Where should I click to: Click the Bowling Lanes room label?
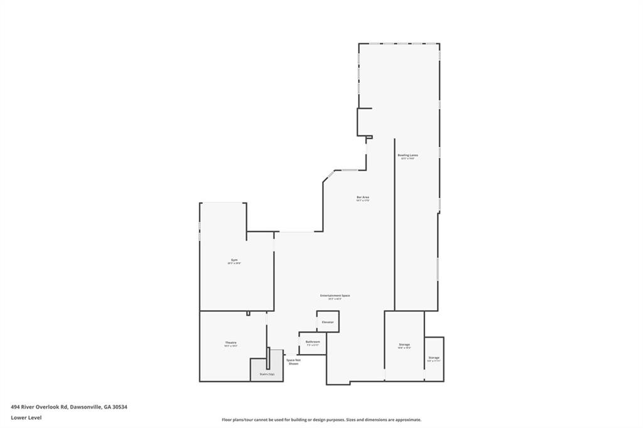pos(408,155)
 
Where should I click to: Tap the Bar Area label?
pos(362,198)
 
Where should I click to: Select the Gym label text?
pos(234,260)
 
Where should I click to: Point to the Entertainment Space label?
pos(335,296)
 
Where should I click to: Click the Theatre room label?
pos(230,343)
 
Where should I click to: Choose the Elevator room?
pos(328,321)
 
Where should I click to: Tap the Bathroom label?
pos(313,342)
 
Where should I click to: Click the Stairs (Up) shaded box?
pos(266,370)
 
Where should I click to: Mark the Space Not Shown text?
pos(293,361)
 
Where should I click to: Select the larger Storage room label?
pos(404,345)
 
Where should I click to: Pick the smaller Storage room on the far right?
pos(434,358)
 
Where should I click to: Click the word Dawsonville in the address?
pos(84,407)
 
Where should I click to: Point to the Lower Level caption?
pos(26,417)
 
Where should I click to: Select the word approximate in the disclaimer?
pos(407,420)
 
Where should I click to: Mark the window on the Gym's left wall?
pos(200,226)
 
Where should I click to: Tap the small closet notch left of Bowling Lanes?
pos(364,122)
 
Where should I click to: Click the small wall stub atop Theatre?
pos(248,313)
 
